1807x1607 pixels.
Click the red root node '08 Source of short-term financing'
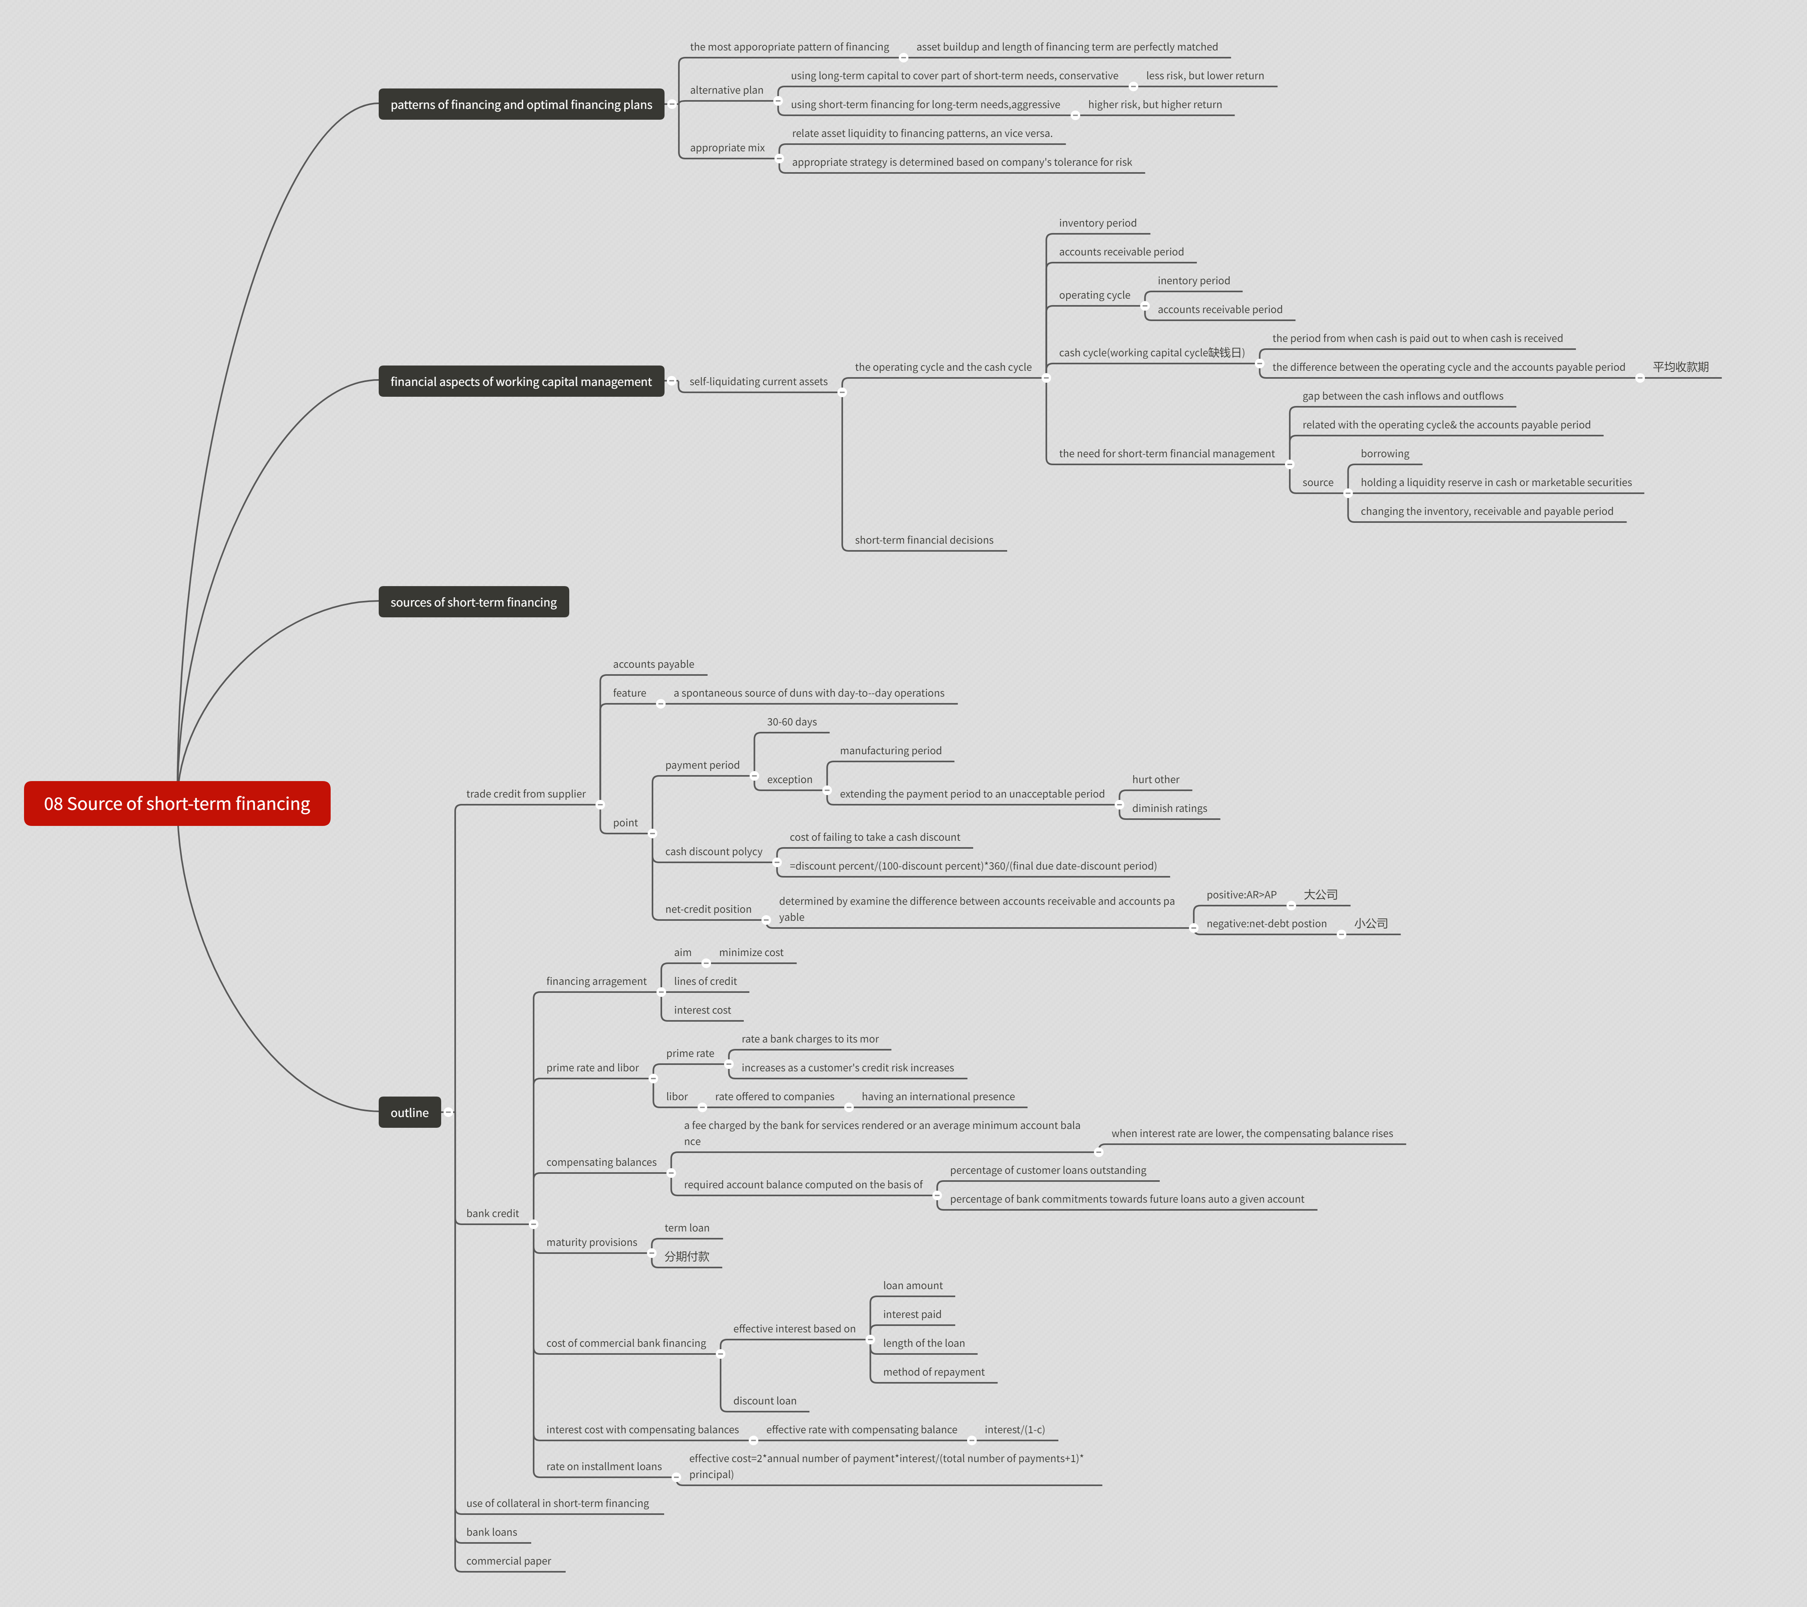[x=177, y=803]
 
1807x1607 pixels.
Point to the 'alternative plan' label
[x=726, y=90]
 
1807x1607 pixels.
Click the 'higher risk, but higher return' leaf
[x=1154, y=104]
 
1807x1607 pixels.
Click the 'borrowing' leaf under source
[x=1384, y=454]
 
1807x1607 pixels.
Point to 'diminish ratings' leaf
[x=1169, y=808]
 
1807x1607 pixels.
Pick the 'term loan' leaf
[x=686, y=1228]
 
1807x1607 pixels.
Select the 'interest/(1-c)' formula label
[x=1014, y=1429]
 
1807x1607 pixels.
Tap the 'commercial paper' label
[x=508, y=1561]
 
